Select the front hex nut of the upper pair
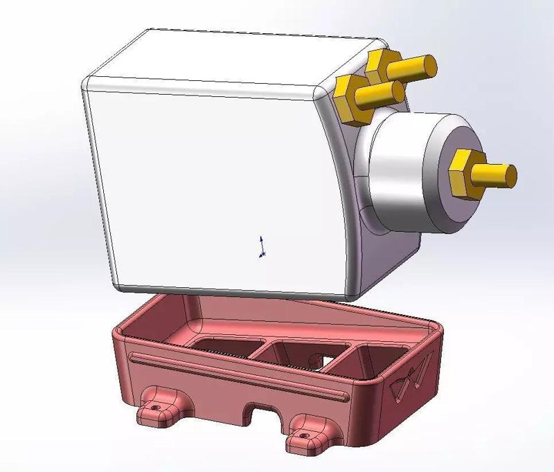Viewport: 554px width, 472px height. (x=352, y=99)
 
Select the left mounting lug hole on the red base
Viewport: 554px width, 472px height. (x=155, y=408)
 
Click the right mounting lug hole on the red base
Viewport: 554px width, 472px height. (x=304, y=434)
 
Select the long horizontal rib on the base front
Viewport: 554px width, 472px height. (x=235, y=377)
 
